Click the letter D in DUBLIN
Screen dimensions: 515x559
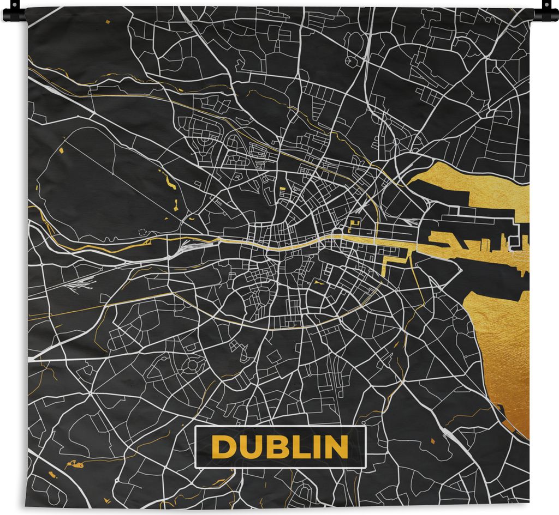click(222, 447)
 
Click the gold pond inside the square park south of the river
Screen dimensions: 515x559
click(317, 282)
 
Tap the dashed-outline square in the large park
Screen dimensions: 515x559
click(144, 232)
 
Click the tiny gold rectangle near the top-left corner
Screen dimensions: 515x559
click(108, 21)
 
